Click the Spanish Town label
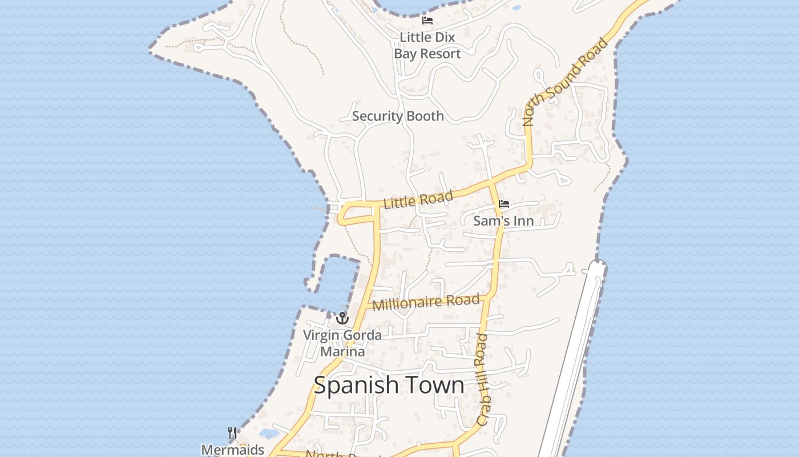(389, 385)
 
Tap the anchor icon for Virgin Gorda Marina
(342, 318)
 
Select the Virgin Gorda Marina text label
(342, 343)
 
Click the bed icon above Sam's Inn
(503, 203)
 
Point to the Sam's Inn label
(503, 221)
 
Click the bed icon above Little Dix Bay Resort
(427, 21)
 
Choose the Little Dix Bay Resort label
(427, 45)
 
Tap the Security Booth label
(398, 116)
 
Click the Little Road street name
(418, 200)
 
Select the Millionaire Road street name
(426, 303)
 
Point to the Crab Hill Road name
(482, 379)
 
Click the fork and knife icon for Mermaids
(232, 432)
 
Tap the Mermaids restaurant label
(233, 450)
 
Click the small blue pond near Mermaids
(268, 433)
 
